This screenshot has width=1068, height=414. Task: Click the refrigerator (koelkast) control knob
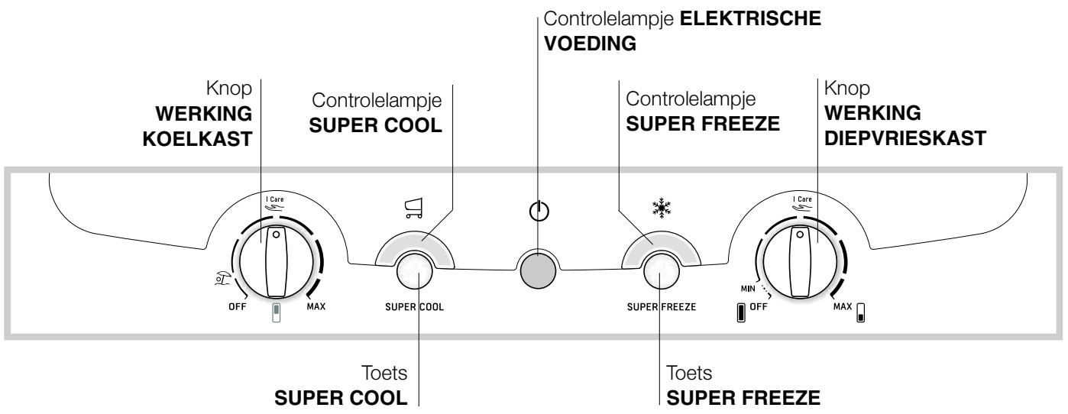276,263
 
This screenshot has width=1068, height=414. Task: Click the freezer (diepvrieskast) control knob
800,263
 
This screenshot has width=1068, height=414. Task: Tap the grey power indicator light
538,269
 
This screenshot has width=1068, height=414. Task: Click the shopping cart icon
413,209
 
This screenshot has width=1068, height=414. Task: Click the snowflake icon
662,208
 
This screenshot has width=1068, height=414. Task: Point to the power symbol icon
539,210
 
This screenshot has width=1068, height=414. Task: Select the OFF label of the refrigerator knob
238,307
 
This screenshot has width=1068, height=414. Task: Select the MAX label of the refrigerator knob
316,307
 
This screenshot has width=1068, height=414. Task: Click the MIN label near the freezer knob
748,289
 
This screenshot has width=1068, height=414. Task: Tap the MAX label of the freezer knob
843,307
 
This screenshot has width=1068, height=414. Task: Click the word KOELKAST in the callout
197,139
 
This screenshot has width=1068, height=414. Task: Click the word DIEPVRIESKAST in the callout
905,138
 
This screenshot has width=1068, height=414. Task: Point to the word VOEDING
591,44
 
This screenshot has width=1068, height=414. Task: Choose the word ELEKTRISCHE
750,18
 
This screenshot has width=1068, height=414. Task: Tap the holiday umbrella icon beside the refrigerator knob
222,278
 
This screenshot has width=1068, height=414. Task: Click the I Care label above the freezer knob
802,199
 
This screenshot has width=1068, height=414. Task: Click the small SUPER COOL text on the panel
414,307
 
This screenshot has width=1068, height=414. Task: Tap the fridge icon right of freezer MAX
861,312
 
